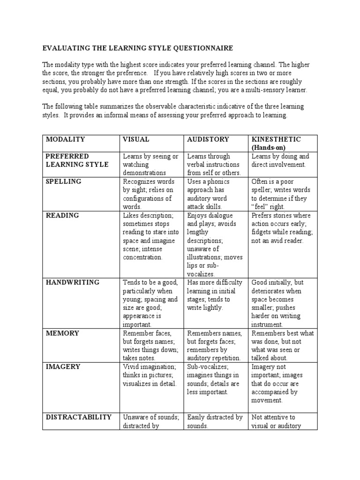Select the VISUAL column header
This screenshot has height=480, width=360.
pos(136,140)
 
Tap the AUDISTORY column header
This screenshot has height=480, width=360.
pos(208,140)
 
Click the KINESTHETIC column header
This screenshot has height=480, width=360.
pos(276,140)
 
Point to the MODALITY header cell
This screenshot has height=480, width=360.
pos(65,140)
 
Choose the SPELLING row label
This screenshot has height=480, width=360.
pos(63,181)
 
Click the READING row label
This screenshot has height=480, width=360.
pos(62,216)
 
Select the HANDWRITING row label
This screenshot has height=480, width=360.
pos(73,283)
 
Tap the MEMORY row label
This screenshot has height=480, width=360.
pos(62,333)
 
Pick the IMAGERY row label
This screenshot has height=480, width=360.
pos(63,367)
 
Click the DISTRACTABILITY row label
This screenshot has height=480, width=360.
pos(78,417)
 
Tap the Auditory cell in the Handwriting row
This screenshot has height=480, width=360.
pos(214,295)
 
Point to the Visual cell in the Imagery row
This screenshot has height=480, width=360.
pos(149,375)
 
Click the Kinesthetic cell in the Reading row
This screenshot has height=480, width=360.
pos(282,228)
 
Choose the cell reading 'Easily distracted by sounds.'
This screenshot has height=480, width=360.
pos(214,421)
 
